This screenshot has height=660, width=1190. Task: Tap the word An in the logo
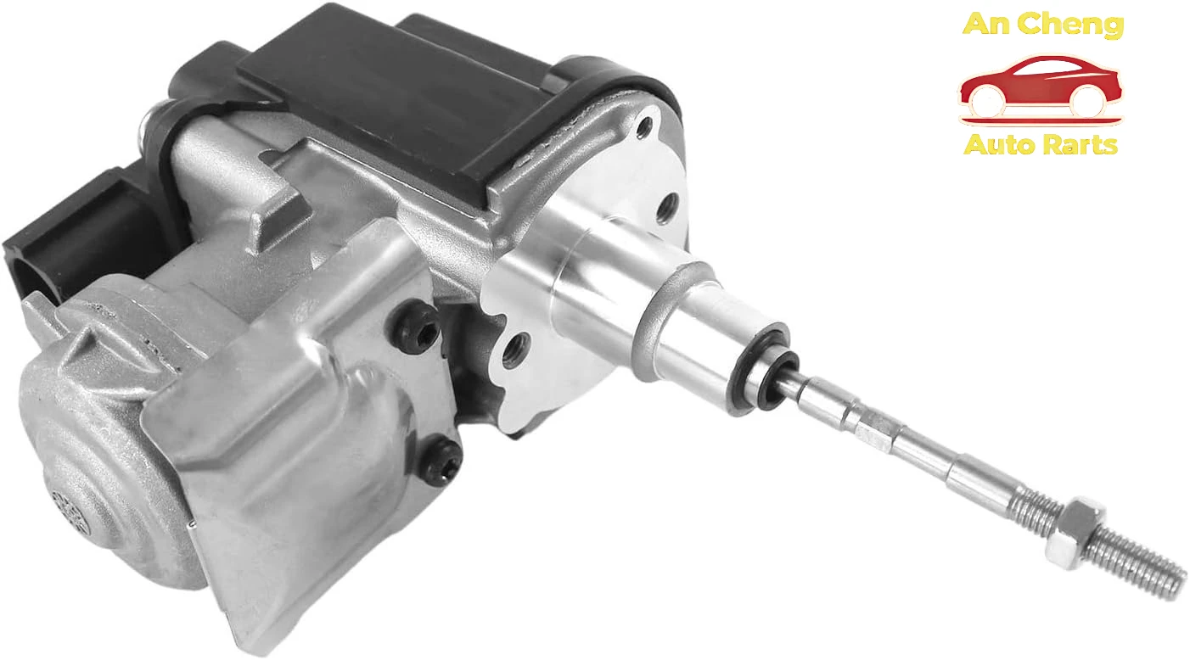tap(987, 25)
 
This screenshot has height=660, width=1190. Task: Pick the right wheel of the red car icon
tap(1087, 101)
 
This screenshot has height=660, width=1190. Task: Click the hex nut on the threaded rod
tap(1073, 533)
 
